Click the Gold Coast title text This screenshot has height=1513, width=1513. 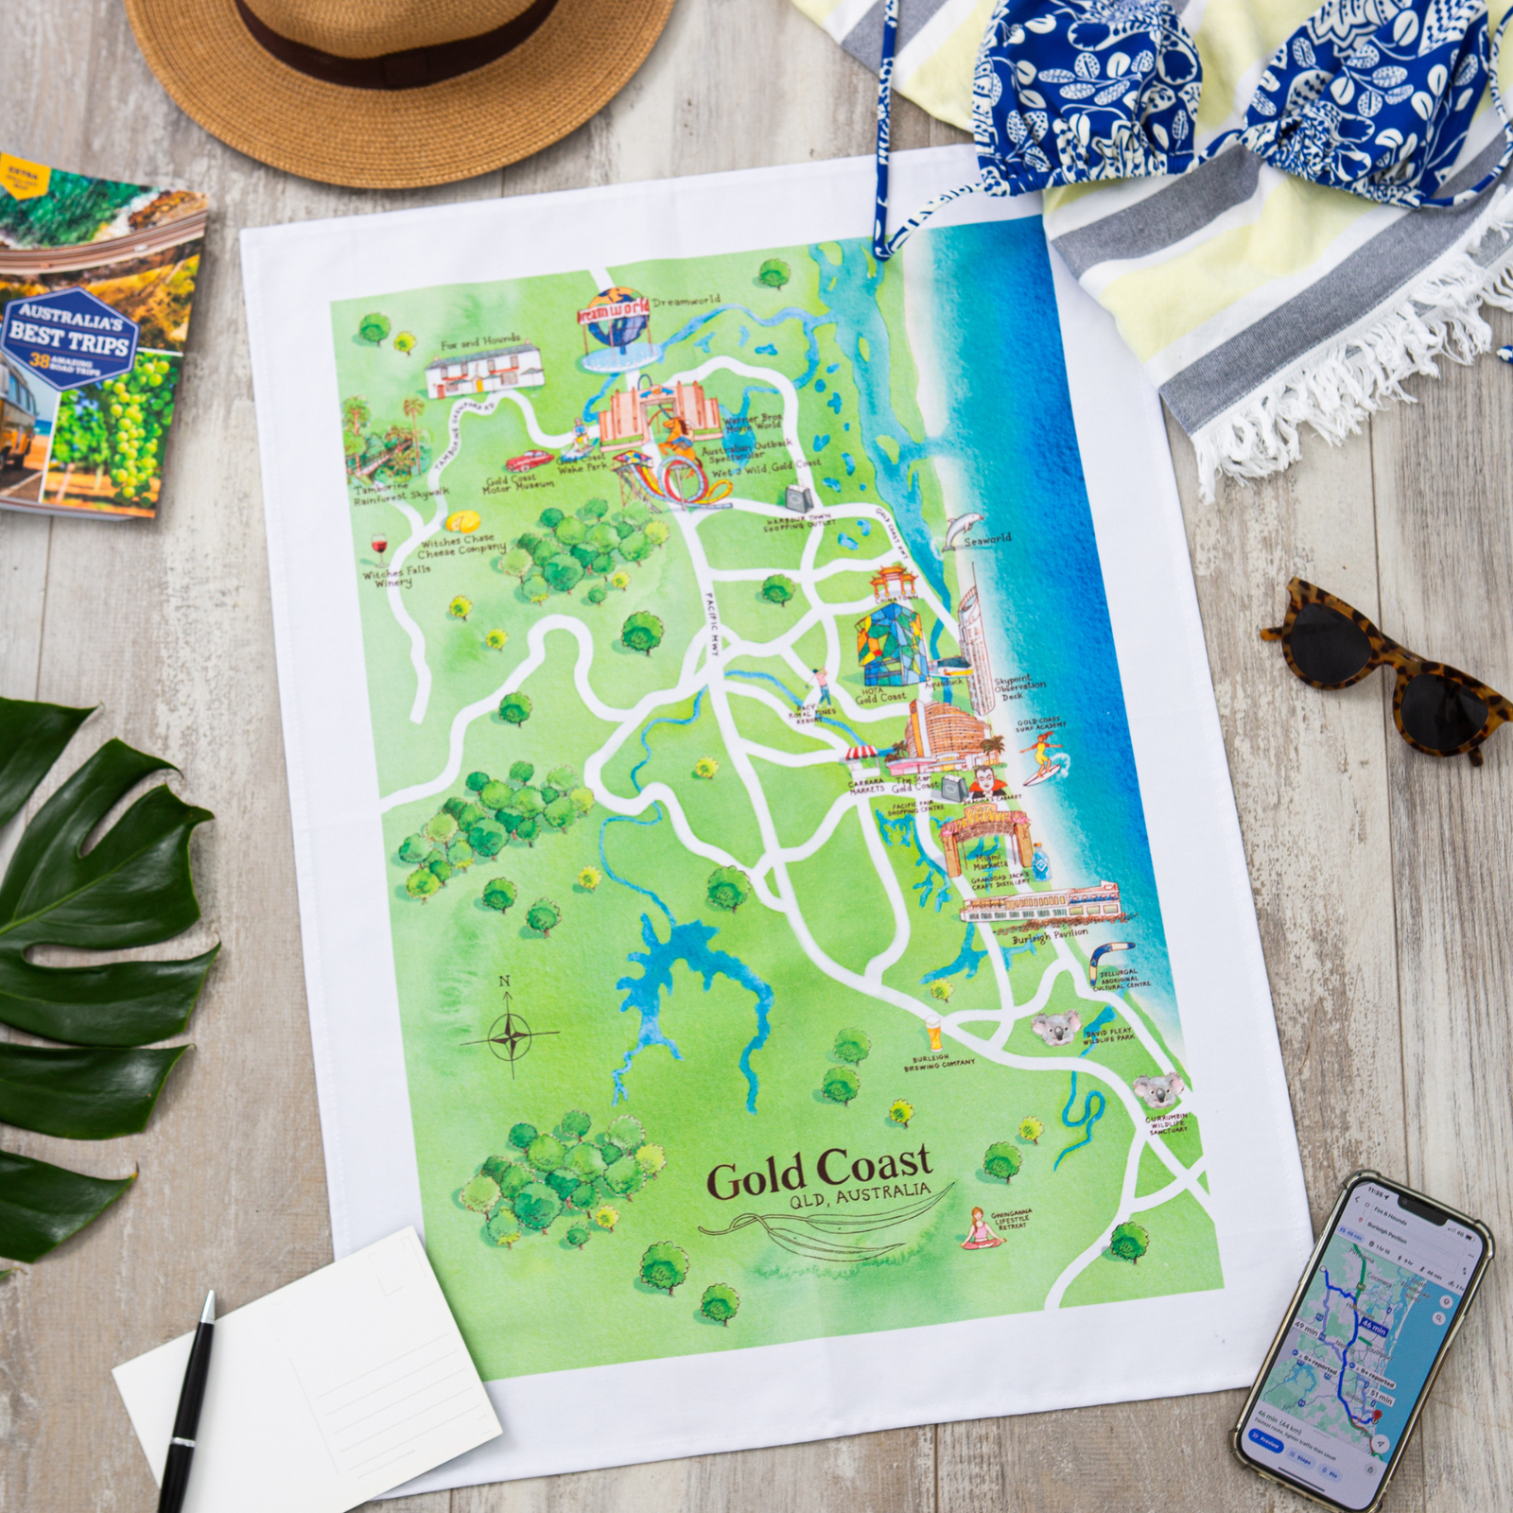click(x=807, y=1176)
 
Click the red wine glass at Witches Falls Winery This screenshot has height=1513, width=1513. click(x=380, y=549)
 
